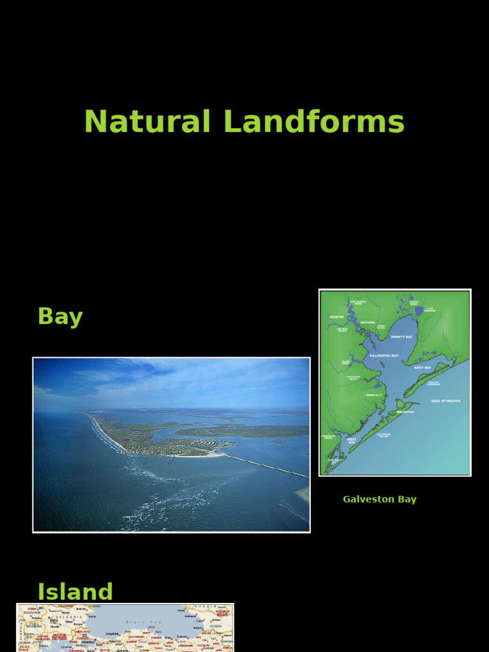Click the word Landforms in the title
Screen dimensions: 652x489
coord(314,122)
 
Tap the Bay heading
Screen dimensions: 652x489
coord(60,316)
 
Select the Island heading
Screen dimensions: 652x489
coord(75,592)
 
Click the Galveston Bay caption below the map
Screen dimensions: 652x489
coord(379,499)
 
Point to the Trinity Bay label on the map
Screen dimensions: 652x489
coord(401,336)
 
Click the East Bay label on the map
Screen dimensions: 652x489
coord(422,367)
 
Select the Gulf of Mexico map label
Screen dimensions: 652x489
coord(446,401)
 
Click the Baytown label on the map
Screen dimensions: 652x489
coord(368,322)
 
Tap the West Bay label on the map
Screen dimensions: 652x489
coord(351,440)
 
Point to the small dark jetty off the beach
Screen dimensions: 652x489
coord(171,458)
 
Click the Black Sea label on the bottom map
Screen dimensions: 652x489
coord(137,621)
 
